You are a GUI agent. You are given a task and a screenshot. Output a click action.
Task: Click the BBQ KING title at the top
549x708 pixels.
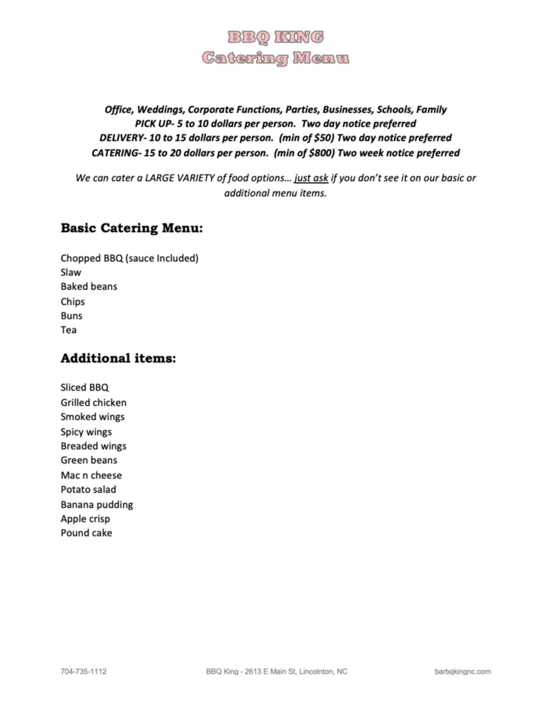275,37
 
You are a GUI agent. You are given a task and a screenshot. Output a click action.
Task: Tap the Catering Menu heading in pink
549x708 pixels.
275,58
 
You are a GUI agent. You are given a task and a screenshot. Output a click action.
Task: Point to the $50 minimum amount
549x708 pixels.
322,138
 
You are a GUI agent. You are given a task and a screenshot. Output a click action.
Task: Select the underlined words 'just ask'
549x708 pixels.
311,178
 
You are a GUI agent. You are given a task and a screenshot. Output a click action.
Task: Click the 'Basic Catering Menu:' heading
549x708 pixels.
131,228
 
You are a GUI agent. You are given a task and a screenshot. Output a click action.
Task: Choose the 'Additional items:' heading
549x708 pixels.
118,358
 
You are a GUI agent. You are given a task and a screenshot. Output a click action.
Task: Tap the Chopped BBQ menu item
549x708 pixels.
129,258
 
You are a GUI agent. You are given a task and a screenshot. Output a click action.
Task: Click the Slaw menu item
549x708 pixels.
71,273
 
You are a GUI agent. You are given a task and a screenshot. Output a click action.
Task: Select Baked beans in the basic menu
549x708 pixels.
89,287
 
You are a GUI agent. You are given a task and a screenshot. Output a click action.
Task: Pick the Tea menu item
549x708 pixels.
68,330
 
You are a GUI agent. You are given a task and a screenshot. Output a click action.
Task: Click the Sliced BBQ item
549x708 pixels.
84,387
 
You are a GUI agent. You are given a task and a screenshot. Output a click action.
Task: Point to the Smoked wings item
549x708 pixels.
92,417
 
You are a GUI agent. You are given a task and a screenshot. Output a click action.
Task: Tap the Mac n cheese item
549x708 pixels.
91,475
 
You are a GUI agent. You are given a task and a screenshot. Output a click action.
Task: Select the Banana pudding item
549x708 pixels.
96,504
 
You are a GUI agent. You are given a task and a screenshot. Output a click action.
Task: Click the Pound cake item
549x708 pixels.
86,533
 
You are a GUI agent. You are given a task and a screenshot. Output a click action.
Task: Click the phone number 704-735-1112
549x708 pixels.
83,672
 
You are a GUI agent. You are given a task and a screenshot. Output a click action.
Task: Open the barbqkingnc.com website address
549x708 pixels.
462,672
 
